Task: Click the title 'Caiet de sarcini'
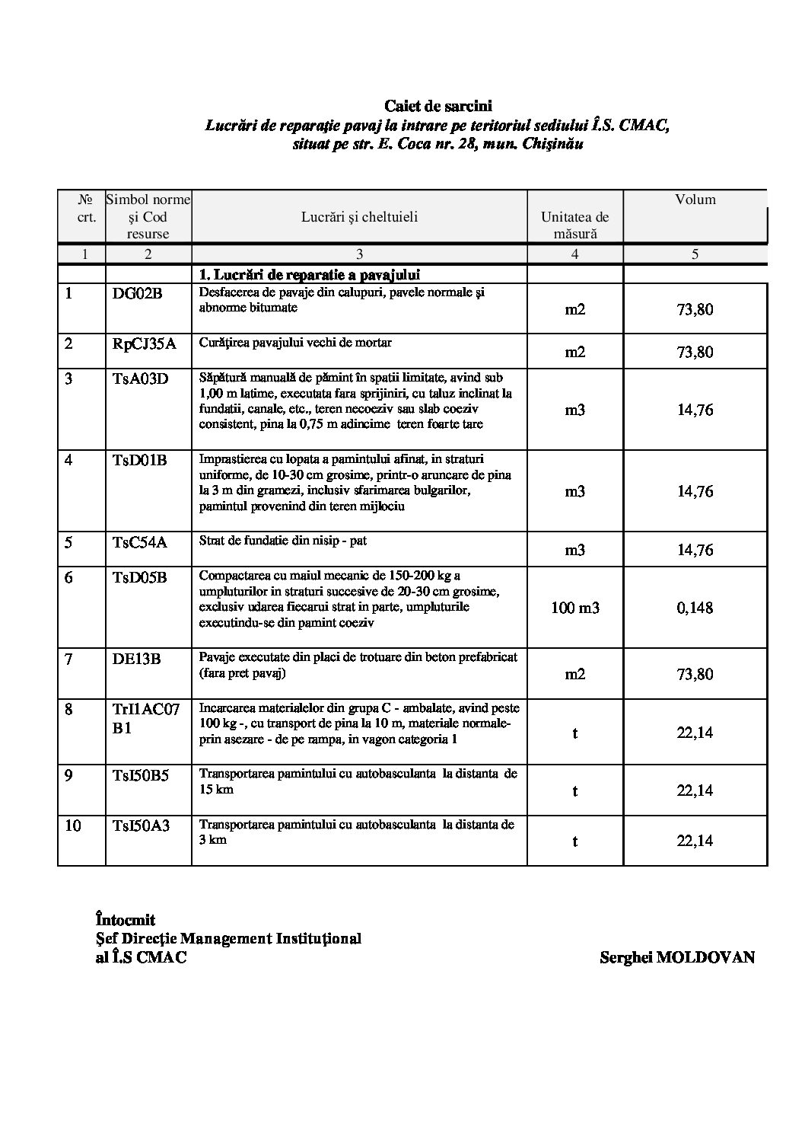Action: [437, 107]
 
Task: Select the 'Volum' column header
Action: [695, 200]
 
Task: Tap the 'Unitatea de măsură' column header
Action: [574, 225]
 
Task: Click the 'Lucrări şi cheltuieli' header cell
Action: [359, 217]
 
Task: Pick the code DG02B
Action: [138, 293]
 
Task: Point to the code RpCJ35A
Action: [144, 343]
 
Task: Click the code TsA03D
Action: [140, 378]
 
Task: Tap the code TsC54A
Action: [139, 542]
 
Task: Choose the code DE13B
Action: [136, 659]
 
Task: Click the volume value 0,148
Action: [695, 608]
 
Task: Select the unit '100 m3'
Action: [574, 608]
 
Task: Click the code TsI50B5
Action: [141, 775]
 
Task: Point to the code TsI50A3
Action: [141, 825]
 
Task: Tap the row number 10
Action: [73, 825]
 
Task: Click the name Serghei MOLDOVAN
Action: [676, 957]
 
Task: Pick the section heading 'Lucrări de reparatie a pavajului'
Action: [310, 274]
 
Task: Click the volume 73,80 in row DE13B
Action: [695, 674]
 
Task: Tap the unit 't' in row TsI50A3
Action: [574, 841]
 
